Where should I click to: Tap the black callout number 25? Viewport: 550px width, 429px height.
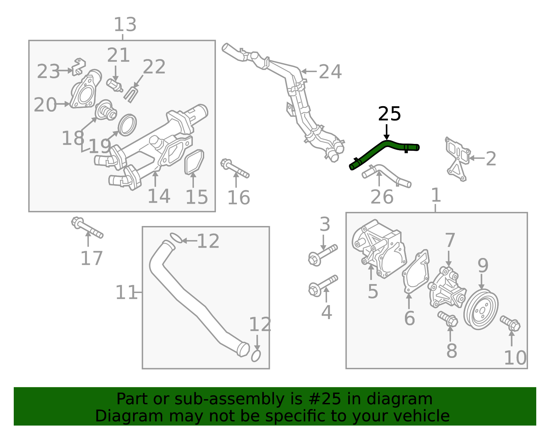point(389,114)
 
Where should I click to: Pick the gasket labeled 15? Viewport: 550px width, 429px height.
point(194,162)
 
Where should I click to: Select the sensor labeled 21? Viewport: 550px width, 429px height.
point(114,85)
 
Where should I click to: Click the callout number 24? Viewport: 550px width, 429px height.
point(330,72)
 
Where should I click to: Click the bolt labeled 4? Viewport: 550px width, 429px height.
point(323,285)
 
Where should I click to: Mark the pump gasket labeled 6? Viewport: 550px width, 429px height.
point(416,272)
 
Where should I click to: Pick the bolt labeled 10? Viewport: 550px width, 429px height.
point(510,323)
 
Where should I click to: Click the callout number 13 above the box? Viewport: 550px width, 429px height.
point(125,25)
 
